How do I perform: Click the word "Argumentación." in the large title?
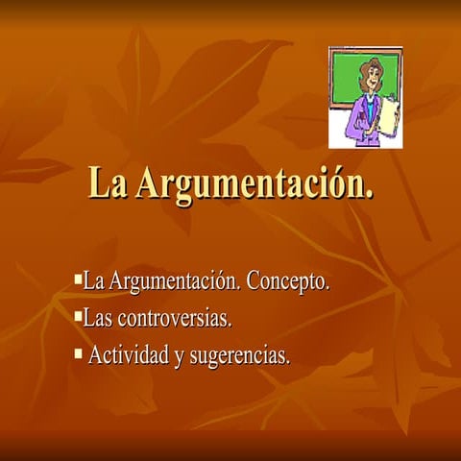coord(255,183)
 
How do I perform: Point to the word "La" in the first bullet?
coord(94,282)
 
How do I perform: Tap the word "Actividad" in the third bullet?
coord(129,356)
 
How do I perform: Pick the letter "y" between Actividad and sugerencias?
coord(179,358)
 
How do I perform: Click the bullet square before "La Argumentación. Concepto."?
coord(79,279)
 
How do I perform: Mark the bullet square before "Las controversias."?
coord(79,313)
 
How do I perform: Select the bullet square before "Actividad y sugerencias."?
coord(79,352)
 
